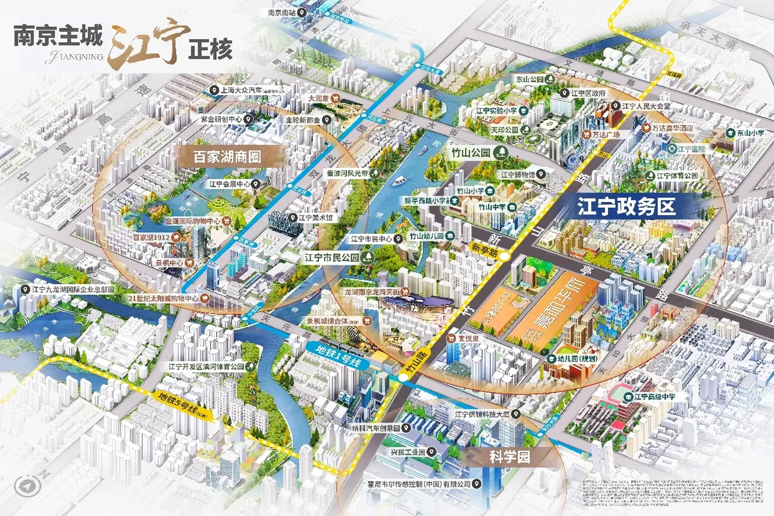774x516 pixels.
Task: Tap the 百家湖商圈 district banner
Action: (x=227, y=157)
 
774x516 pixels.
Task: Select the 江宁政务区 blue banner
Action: (x=626, y=207)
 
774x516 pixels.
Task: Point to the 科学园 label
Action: (x=509, y=457)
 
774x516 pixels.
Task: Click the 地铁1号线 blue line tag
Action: (x=338, y=356)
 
